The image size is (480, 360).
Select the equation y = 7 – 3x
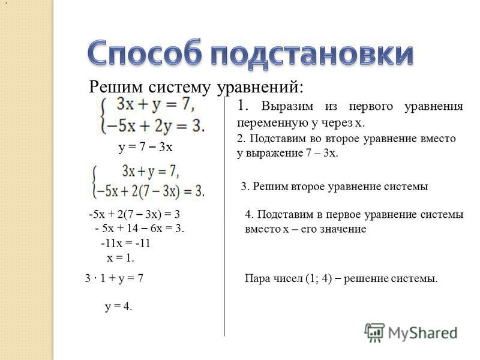point(145,147)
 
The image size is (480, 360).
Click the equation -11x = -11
point(125,244)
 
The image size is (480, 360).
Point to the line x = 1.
point(121,258)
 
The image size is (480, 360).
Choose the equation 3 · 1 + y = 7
point(114,278)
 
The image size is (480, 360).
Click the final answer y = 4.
point(118,307)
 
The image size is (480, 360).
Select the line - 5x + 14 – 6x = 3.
point(140,229)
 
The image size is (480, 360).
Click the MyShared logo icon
point(374,332)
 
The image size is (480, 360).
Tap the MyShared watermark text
point(422,333)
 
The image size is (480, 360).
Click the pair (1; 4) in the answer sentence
point(319,278)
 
